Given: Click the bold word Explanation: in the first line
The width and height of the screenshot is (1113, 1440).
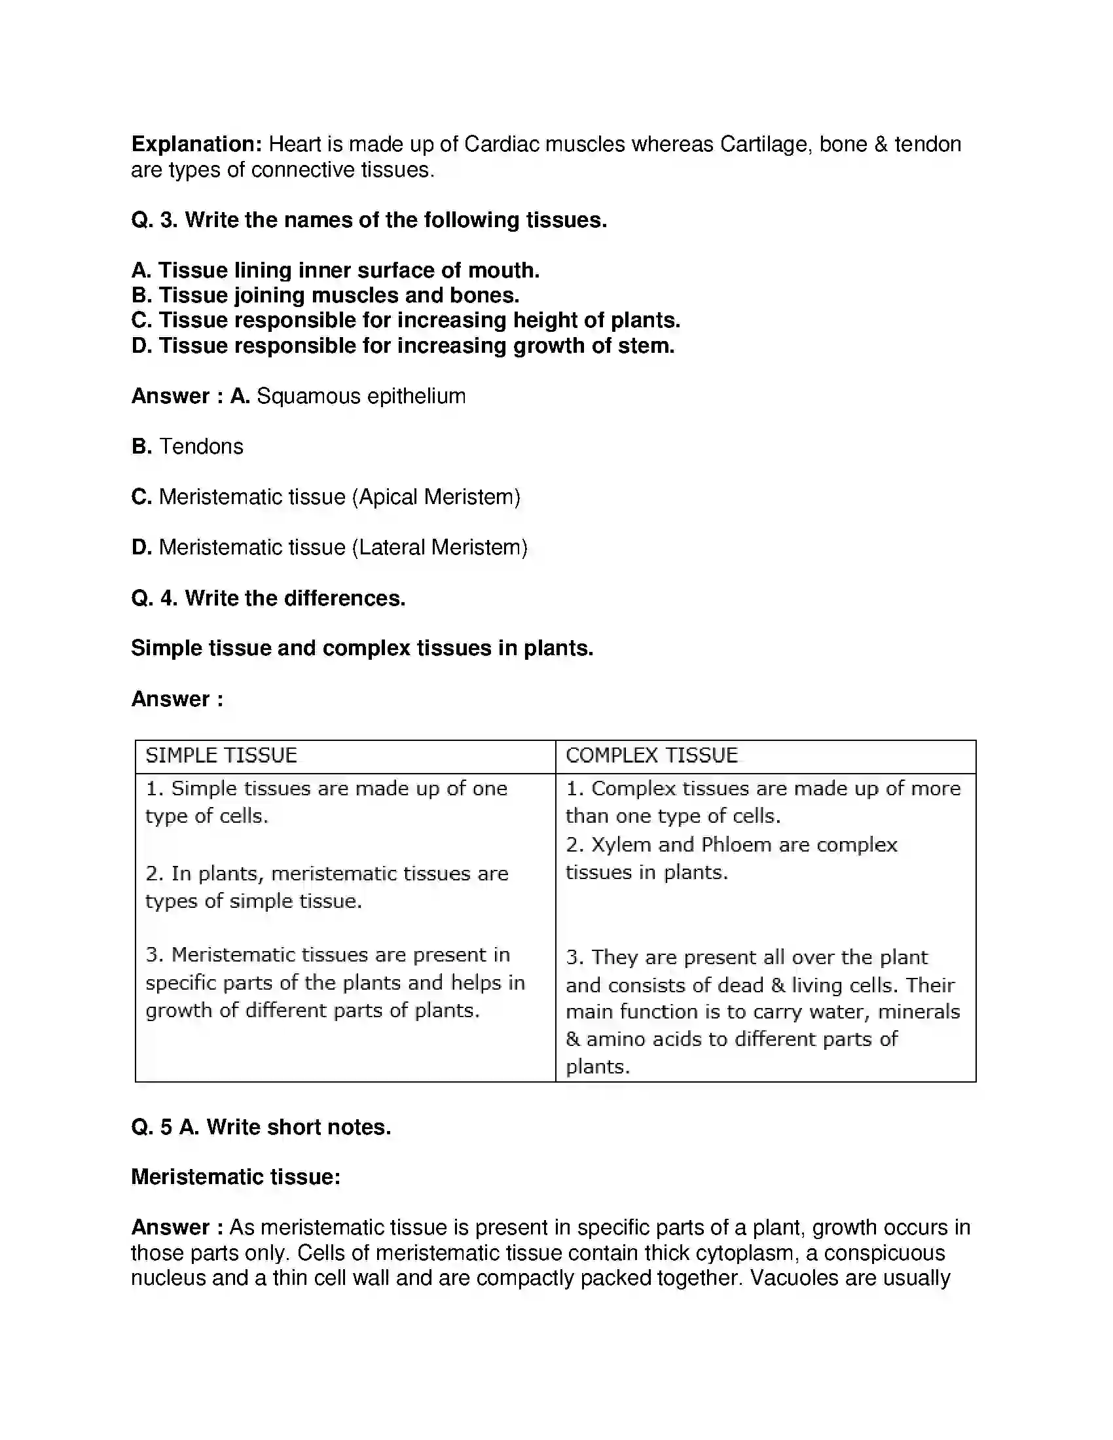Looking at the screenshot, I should [x=196, y=144].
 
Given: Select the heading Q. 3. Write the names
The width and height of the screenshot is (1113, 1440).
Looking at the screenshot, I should [x=369, y=219].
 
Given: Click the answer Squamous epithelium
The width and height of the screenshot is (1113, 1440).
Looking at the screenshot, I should [x=361, y=396].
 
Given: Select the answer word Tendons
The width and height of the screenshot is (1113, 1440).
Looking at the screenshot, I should [x=201, y=446].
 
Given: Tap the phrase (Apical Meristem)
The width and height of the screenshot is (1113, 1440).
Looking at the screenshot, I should [x=436, y=497].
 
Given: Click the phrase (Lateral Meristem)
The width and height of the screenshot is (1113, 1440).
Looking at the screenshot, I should [x=440, y=547].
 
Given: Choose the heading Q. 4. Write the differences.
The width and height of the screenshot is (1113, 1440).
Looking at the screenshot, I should [x=268, y=598].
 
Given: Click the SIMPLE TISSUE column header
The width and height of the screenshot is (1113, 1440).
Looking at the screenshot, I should [x=221, y=755].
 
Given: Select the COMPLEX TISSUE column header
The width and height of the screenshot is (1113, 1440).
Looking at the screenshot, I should [x=651, y=755].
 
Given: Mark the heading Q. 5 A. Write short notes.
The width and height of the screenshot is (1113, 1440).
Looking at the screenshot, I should [x=261, y=1127].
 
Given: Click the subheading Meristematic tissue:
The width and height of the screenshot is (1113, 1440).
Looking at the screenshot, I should [x=236, y=1177].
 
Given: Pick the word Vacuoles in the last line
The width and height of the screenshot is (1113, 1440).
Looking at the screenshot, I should [x=795, y=1278].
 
